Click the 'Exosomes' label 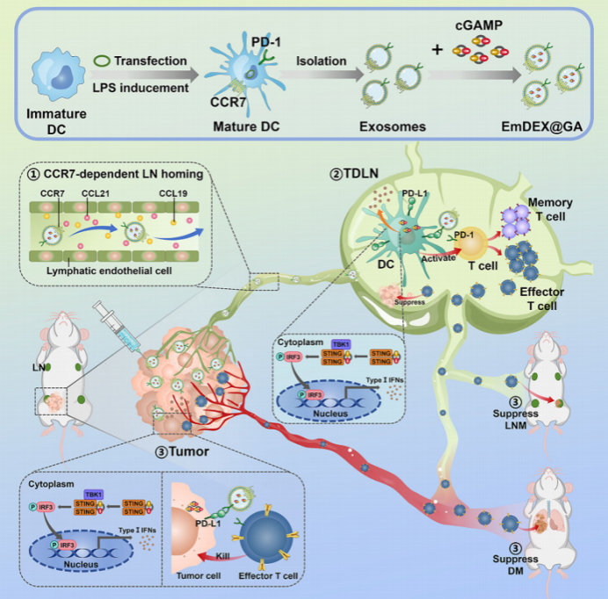[392, 126]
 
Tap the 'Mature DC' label [246, 126]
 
